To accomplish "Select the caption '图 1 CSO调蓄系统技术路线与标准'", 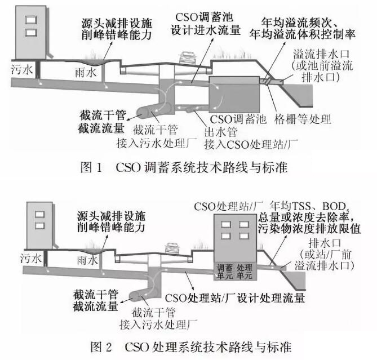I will tap(184, 167).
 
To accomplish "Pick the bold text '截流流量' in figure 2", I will tap(95, 305).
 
